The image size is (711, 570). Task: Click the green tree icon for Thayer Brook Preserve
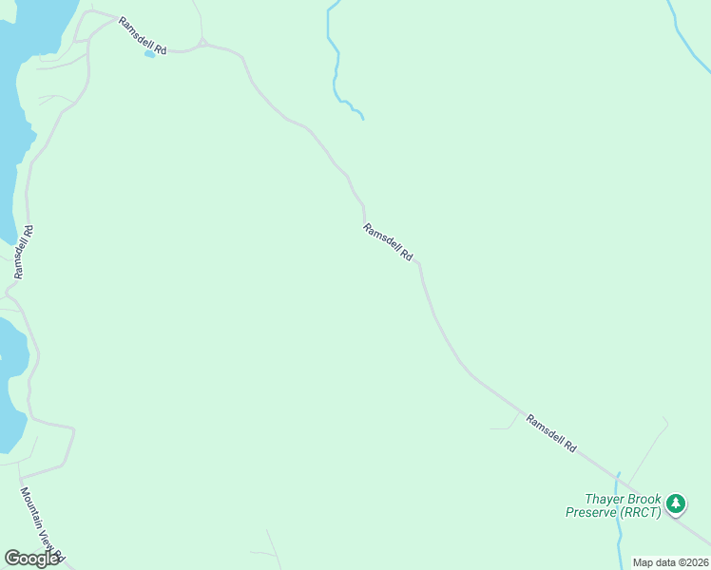676,503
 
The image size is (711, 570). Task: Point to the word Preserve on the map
591,513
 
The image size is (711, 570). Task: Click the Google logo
31,559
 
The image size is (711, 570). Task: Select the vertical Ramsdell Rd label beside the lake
24,252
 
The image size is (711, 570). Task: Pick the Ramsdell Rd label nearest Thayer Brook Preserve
551,432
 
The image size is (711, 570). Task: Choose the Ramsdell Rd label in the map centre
388,242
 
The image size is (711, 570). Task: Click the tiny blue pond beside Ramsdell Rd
149,54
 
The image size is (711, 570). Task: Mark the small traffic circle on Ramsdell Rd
202,43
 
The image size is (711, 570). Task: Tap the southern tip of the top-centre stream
362,118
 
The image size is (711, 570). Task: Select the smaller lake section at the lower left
10,380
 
